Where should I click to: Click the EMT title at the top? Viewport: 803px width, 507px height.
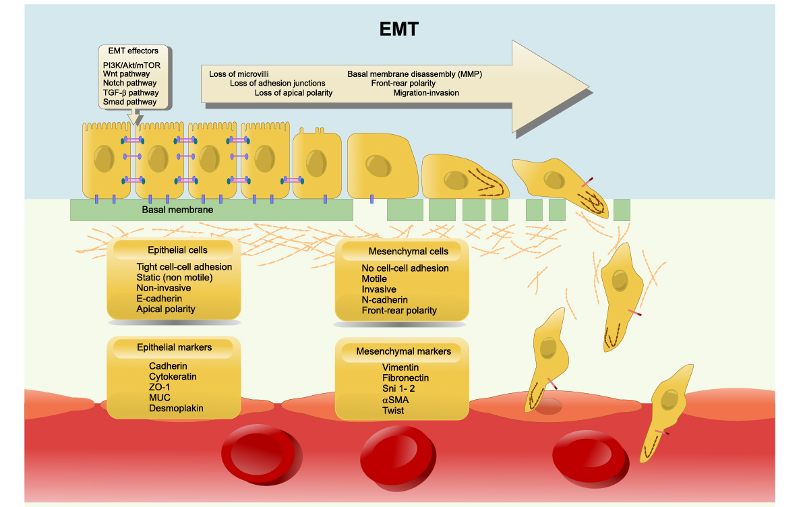398,30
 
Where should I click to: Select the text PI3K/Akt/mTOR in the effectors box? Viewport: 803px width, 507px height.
131,65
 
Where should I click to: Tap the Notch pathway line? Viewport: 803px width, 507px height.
128,83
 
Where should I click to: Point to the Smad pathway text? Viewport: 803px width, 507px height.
129,102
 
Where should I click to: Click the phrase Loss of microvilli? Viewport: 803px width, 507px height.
239,73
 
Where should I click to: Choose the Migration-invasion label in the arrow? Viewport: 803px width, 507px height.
426,92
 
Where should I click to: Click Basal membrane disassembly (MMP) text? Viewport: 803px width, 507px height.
415,73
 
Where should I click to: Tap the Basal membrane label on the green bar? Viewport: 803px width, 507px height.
177,210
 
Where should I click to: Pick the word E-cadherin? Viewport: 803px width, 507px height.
164,299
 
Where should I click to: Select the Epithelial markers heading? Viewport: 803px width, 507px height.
174,347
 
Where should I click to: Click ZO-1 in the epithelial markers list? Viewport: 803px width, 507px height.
160,387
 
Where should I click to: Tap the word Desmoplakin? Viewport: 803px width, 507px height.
176,408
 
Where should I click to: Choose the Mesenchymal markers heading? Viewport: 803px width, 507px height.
403,351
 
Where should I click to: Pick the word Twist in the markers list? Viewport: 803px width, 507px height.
393,410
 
